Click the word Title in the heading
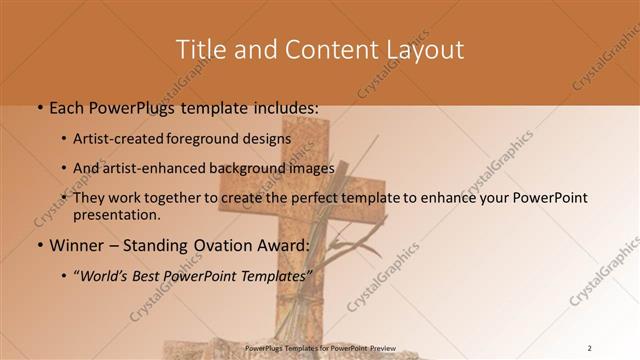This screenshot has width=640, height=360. click(x=200, y=49)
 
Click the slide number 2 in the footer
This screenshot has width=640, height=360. click(x=589, y=347)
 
